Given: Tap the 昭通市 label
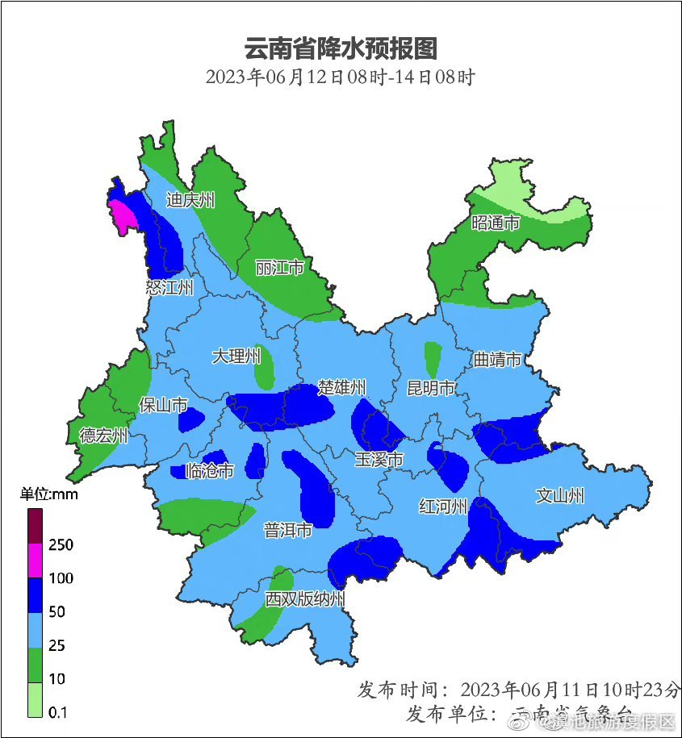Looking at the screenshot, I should (x=496, y=223).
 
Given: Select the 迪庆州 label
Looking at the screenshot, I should (x=190, y=200).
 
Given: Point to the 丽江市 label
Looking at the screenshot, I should (x=279, y=267).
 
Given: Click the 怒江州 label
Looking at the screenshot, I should (x=169, y=287).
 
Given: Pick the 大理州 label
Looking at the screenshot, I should (x=236, y=356).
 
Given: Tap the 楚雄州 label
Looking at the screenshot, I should (x=342, y=388).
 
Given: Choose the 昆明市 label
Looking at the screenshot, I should (x=431, y=389).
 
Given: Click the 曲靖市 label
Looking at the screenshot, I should (x=497, y=360).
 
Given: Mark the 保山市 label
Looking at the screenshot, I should (x=163, y=405).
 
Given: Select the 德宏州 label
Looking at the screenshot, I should (x=103, y=436).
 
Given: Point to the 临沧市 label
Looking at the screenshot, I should (x=210, y=470).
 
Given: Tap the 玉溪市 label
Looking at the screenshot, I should (x=379, y=460).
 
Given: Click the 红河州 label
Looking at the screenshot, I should (x=443, y=507).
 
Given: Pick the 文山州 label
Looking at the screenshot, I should (x=560, y=496).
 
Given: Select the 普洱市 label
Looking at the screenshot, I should (x=288, y=531).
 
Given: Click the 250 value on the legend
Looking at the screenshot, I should (x=61, y=545).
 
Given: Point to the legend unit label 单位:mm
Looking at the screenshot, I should (x=49, y=494).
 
